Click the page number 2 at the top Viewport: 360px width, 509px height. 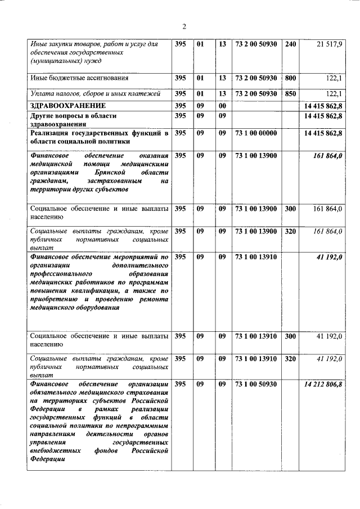[x=184, y=26]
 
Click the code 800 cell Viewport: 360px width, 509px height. [x=289, y=78]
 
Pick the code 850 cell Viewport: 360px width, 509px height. [x=289, y=93]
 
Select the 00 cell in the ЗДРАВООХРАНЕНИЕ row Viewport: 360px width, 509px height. [x=222, y=105]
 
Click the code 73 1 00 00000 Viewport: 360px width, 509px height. [x=256, y=133]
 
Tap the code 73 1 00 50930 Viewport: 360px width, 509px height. [x=256, y=384]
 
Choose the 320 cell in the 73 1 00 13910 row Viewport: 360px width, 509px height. [x=289, y=358]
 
